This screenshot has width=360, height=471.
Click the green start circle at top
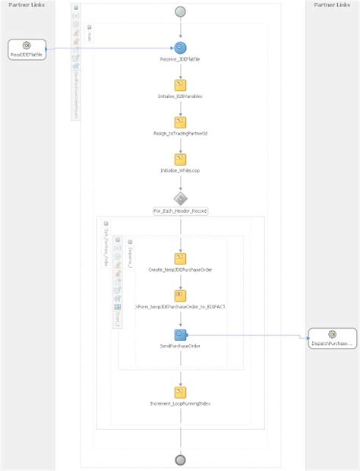coord(180,11)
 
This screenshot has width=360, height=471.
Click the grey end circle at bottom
coord(180,460)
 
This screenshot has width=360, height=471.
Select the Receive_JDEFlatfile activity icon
coord(180,49)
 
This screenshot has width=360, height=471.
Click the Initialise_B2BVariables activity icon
coord(180,85)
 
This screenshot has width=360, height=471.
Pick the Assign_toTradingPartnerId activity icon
coord(180,122)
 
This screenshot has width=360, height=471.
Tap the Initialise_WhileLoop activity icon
coord(180,159)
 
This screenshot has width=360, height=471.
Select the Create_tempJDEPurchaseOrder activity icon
coord(180,258)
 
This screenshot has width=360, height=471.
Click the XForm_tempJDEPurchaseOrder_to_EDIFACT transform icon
coord(180,295)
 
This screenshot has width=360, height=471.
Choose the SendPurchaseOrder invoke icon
coord(180,333)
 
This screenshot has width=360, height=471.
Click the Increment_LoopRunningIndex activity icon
coord(180,391)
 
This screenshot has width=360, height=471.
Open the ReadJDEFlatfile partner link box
coord(27,50)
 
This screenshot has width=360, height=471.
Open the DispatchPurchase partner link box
coord(332,338)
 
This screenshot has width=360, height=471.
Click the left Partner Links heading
coord(27,5)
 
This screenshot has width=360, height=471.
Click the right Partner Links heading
coord(332,5)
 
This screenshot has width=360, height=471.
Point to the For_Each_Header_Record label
coord(180,210)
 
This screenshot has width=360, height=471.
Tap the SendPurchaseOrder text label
coord(180,346)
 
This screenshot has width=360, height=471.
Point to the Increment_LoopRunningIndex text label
coord(180,403)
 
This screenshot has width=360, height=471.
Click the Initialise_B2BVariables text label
coord(180,97)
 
